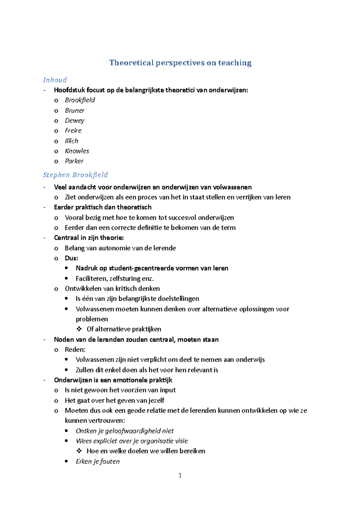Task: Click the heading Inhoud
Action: pyautogui.click(x=55, y=80)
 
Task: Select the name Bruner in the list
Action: pyautogui.click(x=75, y=111)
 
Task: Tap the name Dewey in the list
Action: pyautogui.click(x=75, y=121)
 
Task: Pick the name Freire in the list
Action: pyautogui.click(x=73, y=131)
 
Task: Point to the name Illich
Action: pyautogui.click(x=71, y=141)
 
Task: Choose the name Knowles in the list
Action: pyautogui.click(x=77, y=151)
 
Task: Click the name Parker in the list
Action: pyautogui.click(x=74, y=161)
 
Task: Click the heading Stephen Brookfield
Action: pyautogui.click(x=75, y=175)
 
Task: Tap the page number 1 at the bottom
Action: pyautogui.click(x=180, y=475)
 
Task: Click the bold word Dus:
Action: pyautogui.click(x=71, y=258)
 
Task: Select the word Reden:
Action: pyautogui.click(x=75, y=350)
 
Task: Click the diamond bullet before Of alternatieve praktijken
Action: pyautogui.click(x=79, y=329)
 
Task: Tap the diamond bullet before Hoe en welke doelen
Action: pyautogui.click(x=79, y=451)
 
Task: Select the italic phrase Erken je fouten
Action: pyautogui.click(x=97, y=462)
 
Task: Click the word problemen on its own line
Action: pyautogui.click(x=91, y=319)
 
